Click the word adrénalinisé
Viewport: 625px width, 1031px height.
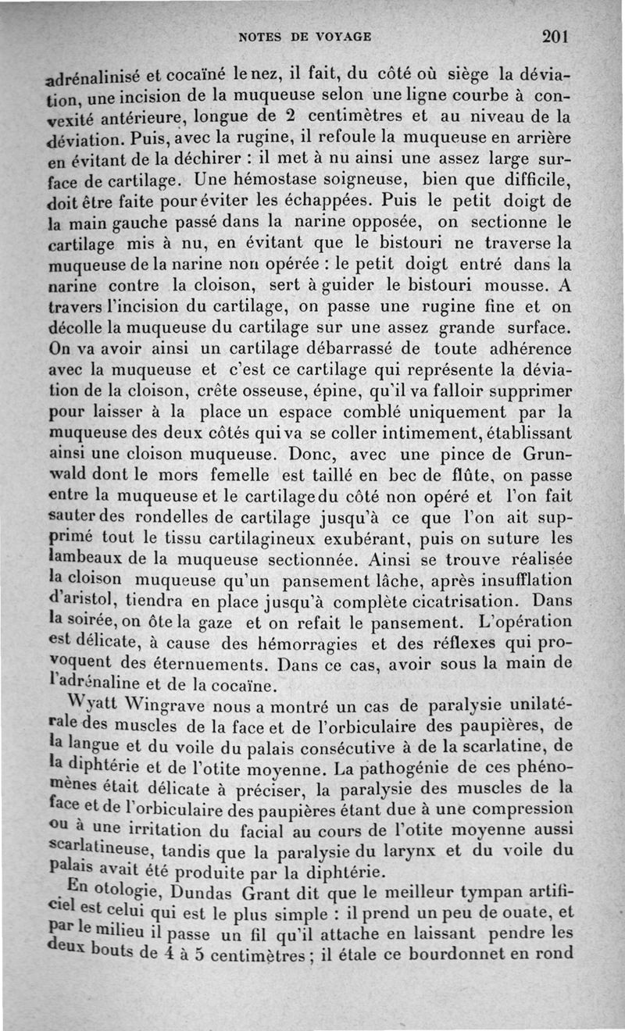point(95,77)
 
